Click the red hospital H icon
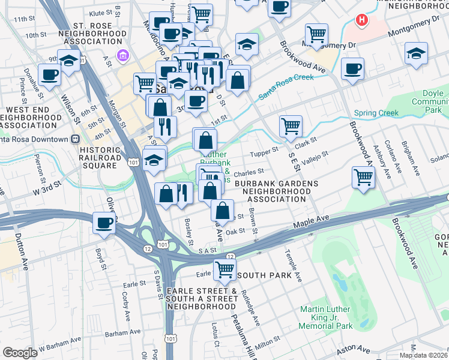click(361, 20)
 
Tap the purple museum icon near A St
click(123, 56)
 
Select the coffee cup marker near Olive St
click(104, 224)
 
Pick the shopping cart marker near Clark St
click(291, 126)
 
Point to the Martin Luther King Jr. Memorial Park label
click(327, 318)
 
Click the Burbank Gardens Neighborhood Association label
click(273, 191)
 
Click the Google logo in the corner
click(20, 353)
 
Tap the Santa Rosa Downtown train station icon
click(75, 139)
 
